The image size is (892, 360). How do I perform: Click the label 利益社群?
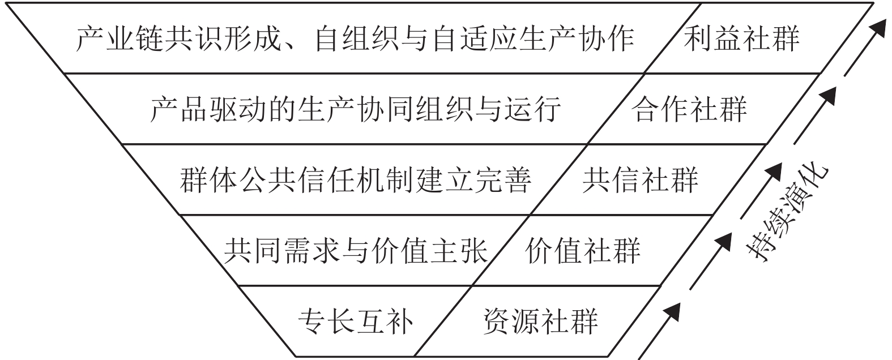[x=741, y=38]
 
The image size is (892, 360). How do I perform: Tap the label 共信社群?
[x=640, y=179]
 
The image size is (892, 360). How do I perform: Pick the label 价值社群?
[x=583, y=250]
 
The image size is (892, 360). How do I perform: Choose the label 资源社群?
[x=540, y=321]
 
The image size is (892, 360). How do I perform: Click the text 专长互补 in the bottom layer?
[x=355, y=321]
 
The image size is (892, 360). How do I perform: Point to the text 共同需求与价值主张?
[x=355, y=250]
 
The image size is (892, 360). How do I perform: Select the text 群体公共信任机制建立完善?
[x=355, y=179]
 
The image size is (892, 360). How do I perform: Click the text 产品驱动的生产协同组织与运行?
[x=355, y=109]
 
